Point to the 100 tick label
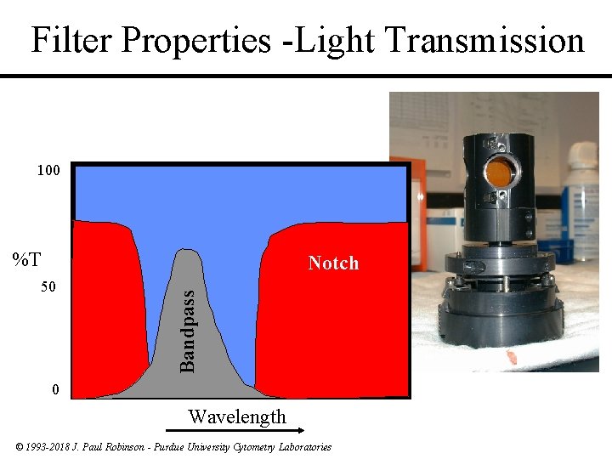[x=48, y=171]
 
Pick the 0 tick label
[x=55, y=390]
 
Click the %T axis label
[x=27, y=258]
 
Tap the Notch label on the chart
[x=333, y=263]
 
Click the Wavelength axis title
[x=237, y=416]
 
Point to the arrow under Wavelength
[x=237, y=431]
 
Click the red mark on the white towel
[x=512, y=356]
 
